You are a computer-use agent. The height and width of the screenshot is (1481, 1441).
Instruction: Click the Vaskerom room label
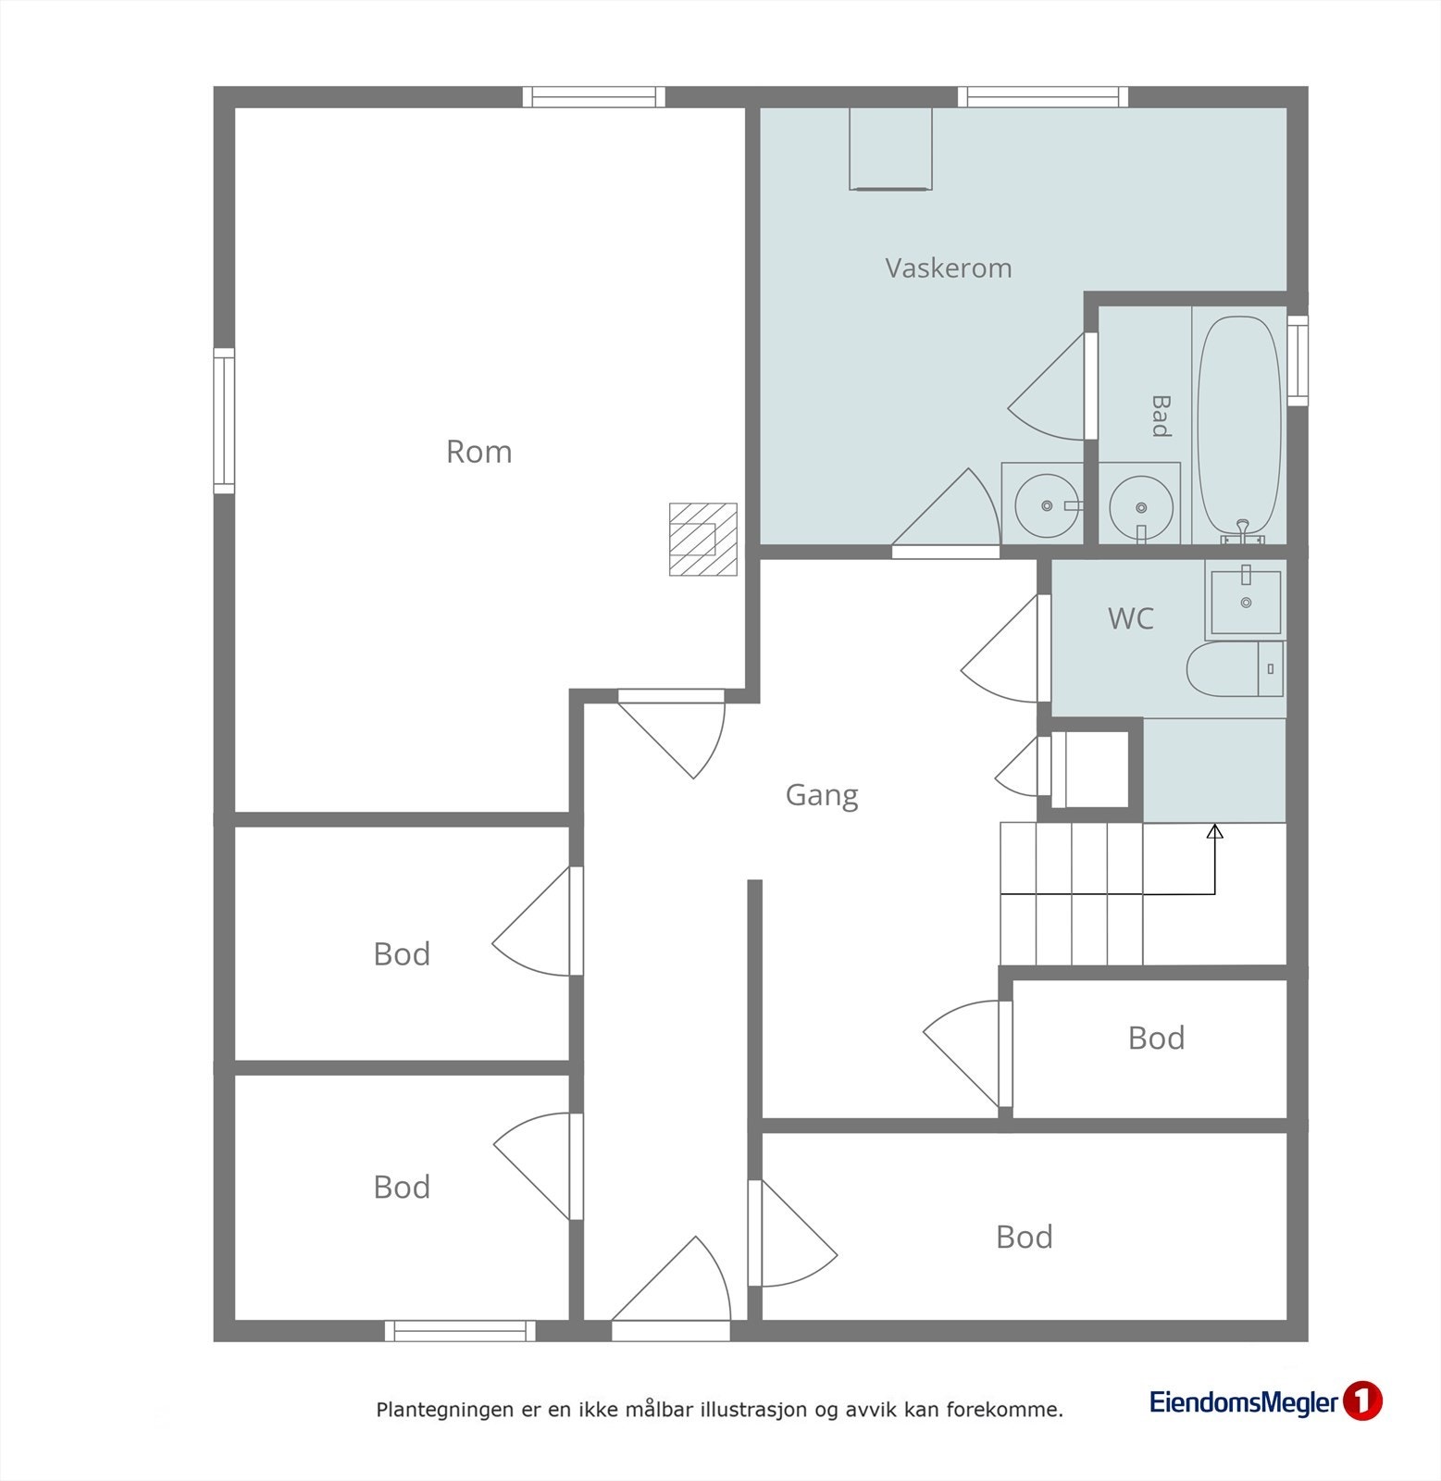[x=948, y=268]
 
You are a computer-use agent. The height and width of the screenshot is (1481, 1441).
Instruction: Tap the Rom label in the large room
[x=478, y=452]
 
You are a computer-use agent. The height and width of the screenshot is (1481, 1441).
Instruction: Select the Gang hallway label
[x=822, y=795]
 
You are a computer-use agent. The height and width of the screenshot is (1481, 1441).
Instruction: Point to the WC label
[x=1130, y=618]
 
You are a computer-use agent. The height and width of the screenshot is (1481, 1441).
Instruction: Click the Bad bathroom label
[x=1160, y=416]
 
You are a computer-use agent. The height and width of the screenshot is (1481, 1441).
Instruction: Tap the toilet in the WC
[x=1235, y=669]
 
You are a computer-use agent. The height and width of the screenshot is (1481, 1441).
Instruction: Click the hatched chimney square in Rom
[x=703, y=539]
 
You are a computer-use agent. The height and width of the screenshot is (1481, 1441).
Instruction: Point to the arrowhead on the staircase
[x=1215, y=831]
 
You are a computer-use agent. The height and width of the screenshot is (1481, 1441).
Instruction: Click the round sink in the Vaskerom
[x=1047, y=505]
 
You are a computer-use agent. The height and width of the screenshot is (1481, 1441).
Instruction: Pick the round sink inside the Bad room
[x=1141, y=507]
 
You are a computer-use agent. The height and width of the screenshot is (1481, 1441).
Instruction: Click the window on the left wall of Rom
[x=224, y=421]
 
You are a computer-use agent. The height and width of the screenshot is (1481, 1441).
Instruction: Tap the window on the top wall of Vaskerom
[x=1043, y=96]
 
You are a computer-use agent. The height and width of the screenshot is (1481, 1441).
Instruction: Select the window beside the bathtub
[x=1298, y=360]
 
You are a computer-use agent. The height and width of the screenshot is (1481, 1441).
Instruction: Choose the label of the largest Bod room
[x=1024, y=1238]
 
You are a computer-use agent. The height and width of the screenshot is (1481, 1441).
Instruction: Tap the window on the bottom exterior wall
[x=460, y=1331]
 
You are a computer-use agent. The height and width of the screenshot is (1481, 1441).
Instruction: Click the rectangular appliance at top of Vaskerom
[x=890, y=149]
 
